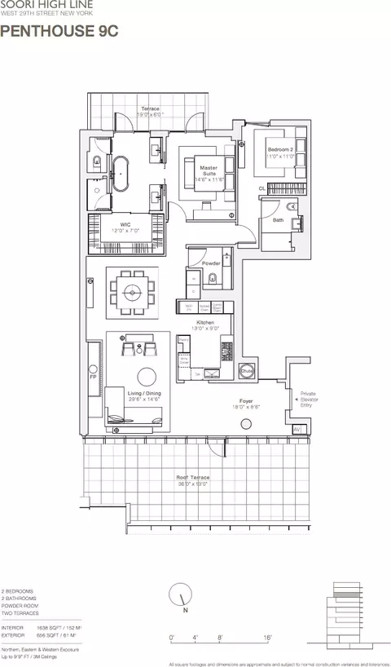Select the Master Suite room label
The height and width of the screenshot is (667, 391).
click(x=209, y=170)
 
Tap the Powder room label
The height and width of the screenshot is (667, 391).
click(x=211, y=263)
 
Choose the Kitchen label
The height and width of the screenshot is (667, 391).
click(x=205, y=323)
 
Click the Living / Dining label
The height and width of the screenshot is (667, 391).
click(x=143, y=394)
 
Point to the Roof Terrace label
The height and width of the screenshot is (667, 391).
click(x=193, y=477)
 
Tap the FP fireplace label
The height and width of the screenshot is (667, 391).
click(x=93, y=378)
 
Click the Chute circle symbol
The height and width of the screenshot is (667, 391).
click(x=247, y=371)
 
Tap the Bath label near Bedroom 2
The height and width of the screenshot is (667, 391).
click(x=279, y=219)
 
